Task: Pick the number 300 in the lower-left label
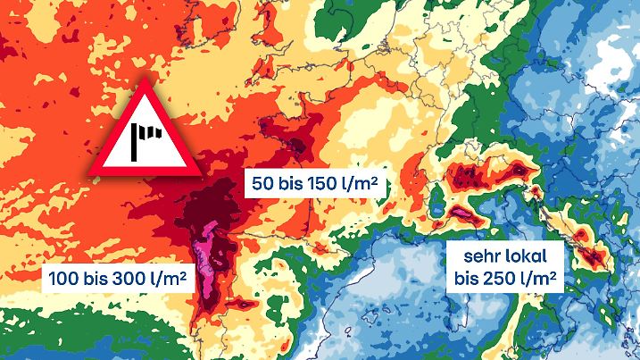pos(133,279)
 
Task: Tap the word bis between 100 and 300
pos(96,279)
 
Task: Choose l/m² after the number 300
pos(171,279)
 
